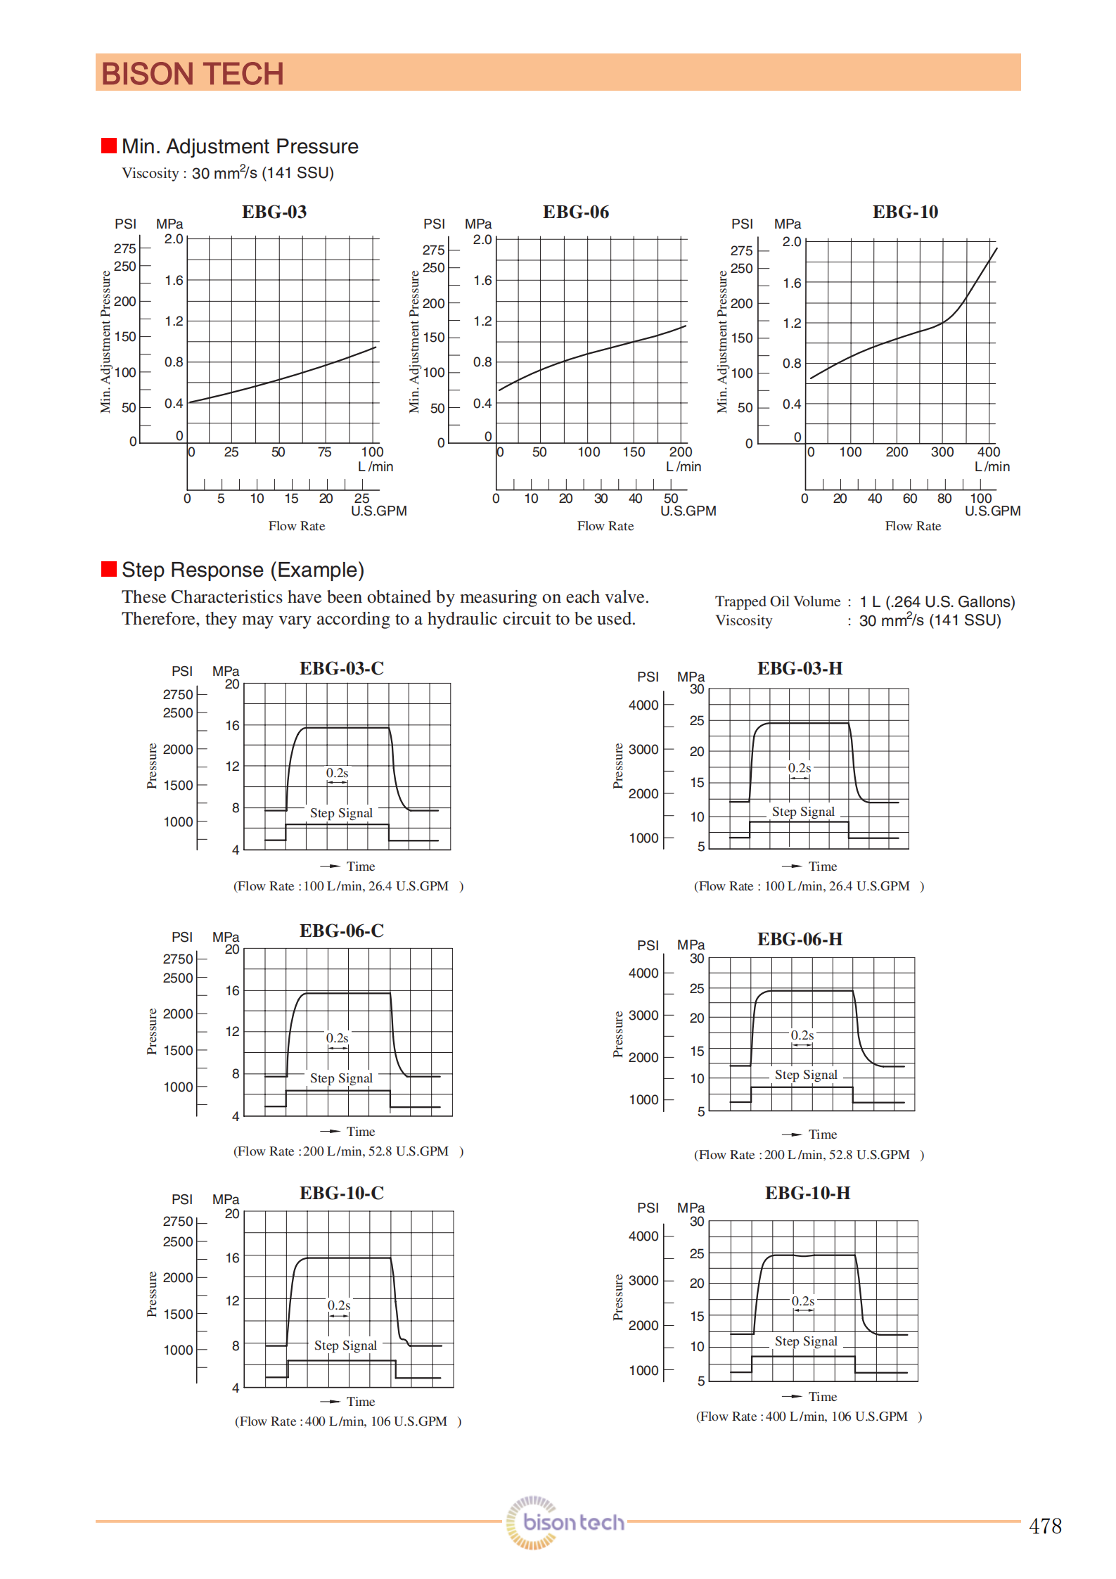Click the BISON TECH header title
pos(192,74)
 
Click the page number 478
pos(1044,1526)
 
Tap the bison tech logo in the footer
pos(565,1522)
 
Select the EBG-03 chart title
pos(274,212)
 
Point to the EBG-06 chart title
pos(575,212)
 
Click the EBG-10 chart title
pos(905,212)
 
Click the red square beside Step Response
pos(109,569)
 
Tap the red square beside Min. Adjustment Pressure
pos(109,146)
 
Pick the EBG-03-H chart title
pos(800,668)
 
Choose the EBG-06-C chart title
pos(342,931)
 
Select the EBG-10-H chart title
pos(807,1193)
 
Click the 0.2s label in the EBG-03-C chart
pos(337,772)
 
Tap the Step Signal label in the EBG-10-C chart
pos(345,1345)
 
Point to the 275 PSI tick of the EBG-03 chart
pos(125,248)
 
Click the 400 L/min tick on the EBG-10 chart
pos(988,452)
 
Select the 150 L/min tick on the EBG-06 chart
pos(634,452)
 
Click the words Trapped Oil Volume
pos(778,601)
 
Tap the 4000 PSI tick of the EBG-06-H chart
pos(643,973)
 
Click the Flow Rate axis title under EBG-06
pos(605,526)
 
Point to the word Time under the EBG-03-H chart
pos(822,867)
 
